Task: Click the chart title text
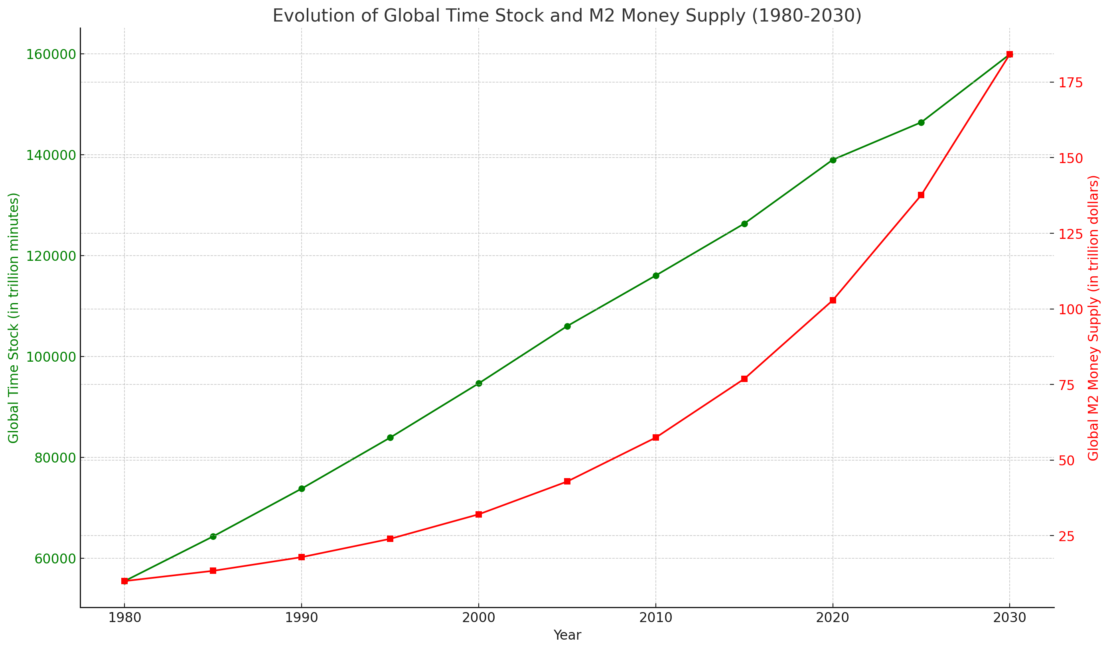point(567,16)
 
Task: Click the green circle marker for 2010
point(656,276)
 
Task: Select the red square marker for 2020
point(833,300)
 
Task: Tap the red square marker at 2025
point(921,195)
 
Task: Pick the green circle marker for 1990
point(302,488)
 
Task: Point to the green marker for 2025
point(921,123)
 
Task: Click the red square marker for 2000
point(479,514)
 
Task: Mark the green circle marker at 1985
point(213,536)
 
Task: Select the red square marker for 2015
point(744,379)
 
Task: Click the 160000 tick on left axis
point(51,55)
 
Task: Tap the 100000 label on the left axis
point(51,357)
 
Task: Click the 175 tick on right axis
point(1070,83)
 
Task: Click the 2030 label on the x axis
point(1010,618)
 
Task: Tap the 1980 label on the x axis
point(124,618)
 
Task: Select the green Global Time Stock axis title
point(14,318)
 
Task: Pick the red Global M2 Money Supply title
point(1093,318)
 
